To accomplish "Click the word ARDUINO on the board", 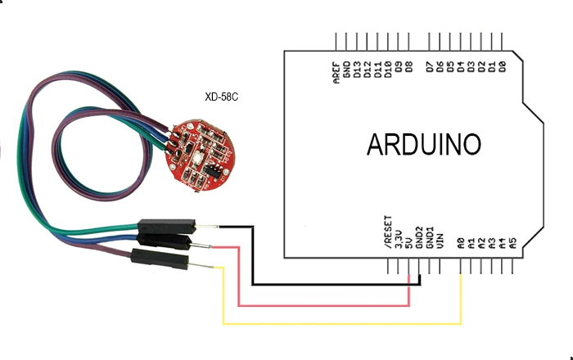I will coord(423,145).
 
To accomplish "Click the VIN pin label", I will coord(440,239).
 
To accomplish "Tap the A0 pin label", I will coord(462,242).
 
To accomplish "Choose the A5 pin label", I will coord(512,242).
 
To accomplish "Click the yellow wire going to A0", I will coord(344,324).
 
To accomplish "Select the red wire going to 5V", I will coord(327,305).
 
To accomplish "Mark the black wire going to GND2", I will coord(336,285).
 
